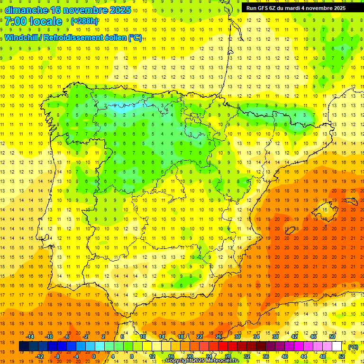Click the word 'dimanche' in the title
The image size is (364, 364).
pyautogui.click(x=26, y=10)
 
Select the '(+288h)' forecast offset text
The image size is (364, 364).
pyautogui.click(x=84, y=21)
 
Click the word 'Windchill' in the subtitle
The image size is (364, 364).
pyautogui.click(x=23, y=37)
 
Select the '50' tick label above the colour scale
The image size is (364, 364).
pyautogui.click(x=332, y=337)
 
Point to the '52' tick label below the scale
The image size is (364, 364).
pyautogui.click(x=342, y=356)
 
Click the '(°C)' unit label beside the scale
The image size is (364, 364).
pyautogui.click(x=354, y=347)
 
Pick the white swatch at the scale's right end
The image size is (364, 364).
pyautogui.click(x=337, y=346)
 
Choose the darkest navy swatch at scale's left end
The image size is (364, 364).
pyautogui.click(x=24, y=346)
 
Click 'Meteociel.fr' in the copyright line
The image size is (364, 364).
pyautogui.click(x=221, y=361)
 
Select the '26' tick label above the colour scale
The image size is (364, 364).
pyautogui.click(x=218, y=337)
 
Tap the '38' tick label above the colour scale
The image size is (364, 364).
pyautogui.click(x=275, y=337)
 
